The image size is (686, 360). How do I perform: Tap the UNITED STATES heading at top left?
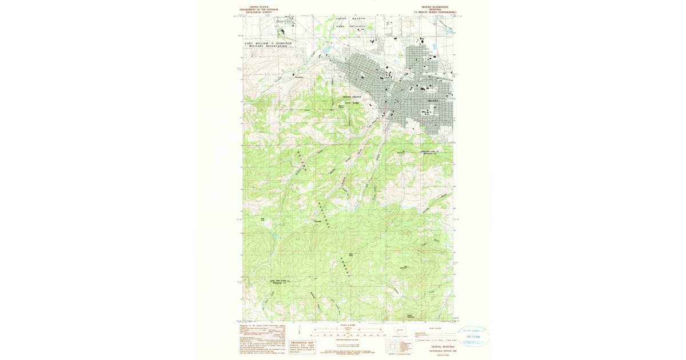(259, 7)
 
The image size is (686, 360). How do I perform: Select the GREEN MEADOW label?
(350, 19)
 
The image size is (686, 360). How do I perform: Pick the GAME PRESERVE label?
(350, 26)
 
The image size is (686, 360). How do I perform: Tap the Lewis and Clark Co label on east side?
(432, 152)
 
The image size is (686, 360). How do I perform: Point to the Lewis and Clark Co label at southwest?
(281, 281)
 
